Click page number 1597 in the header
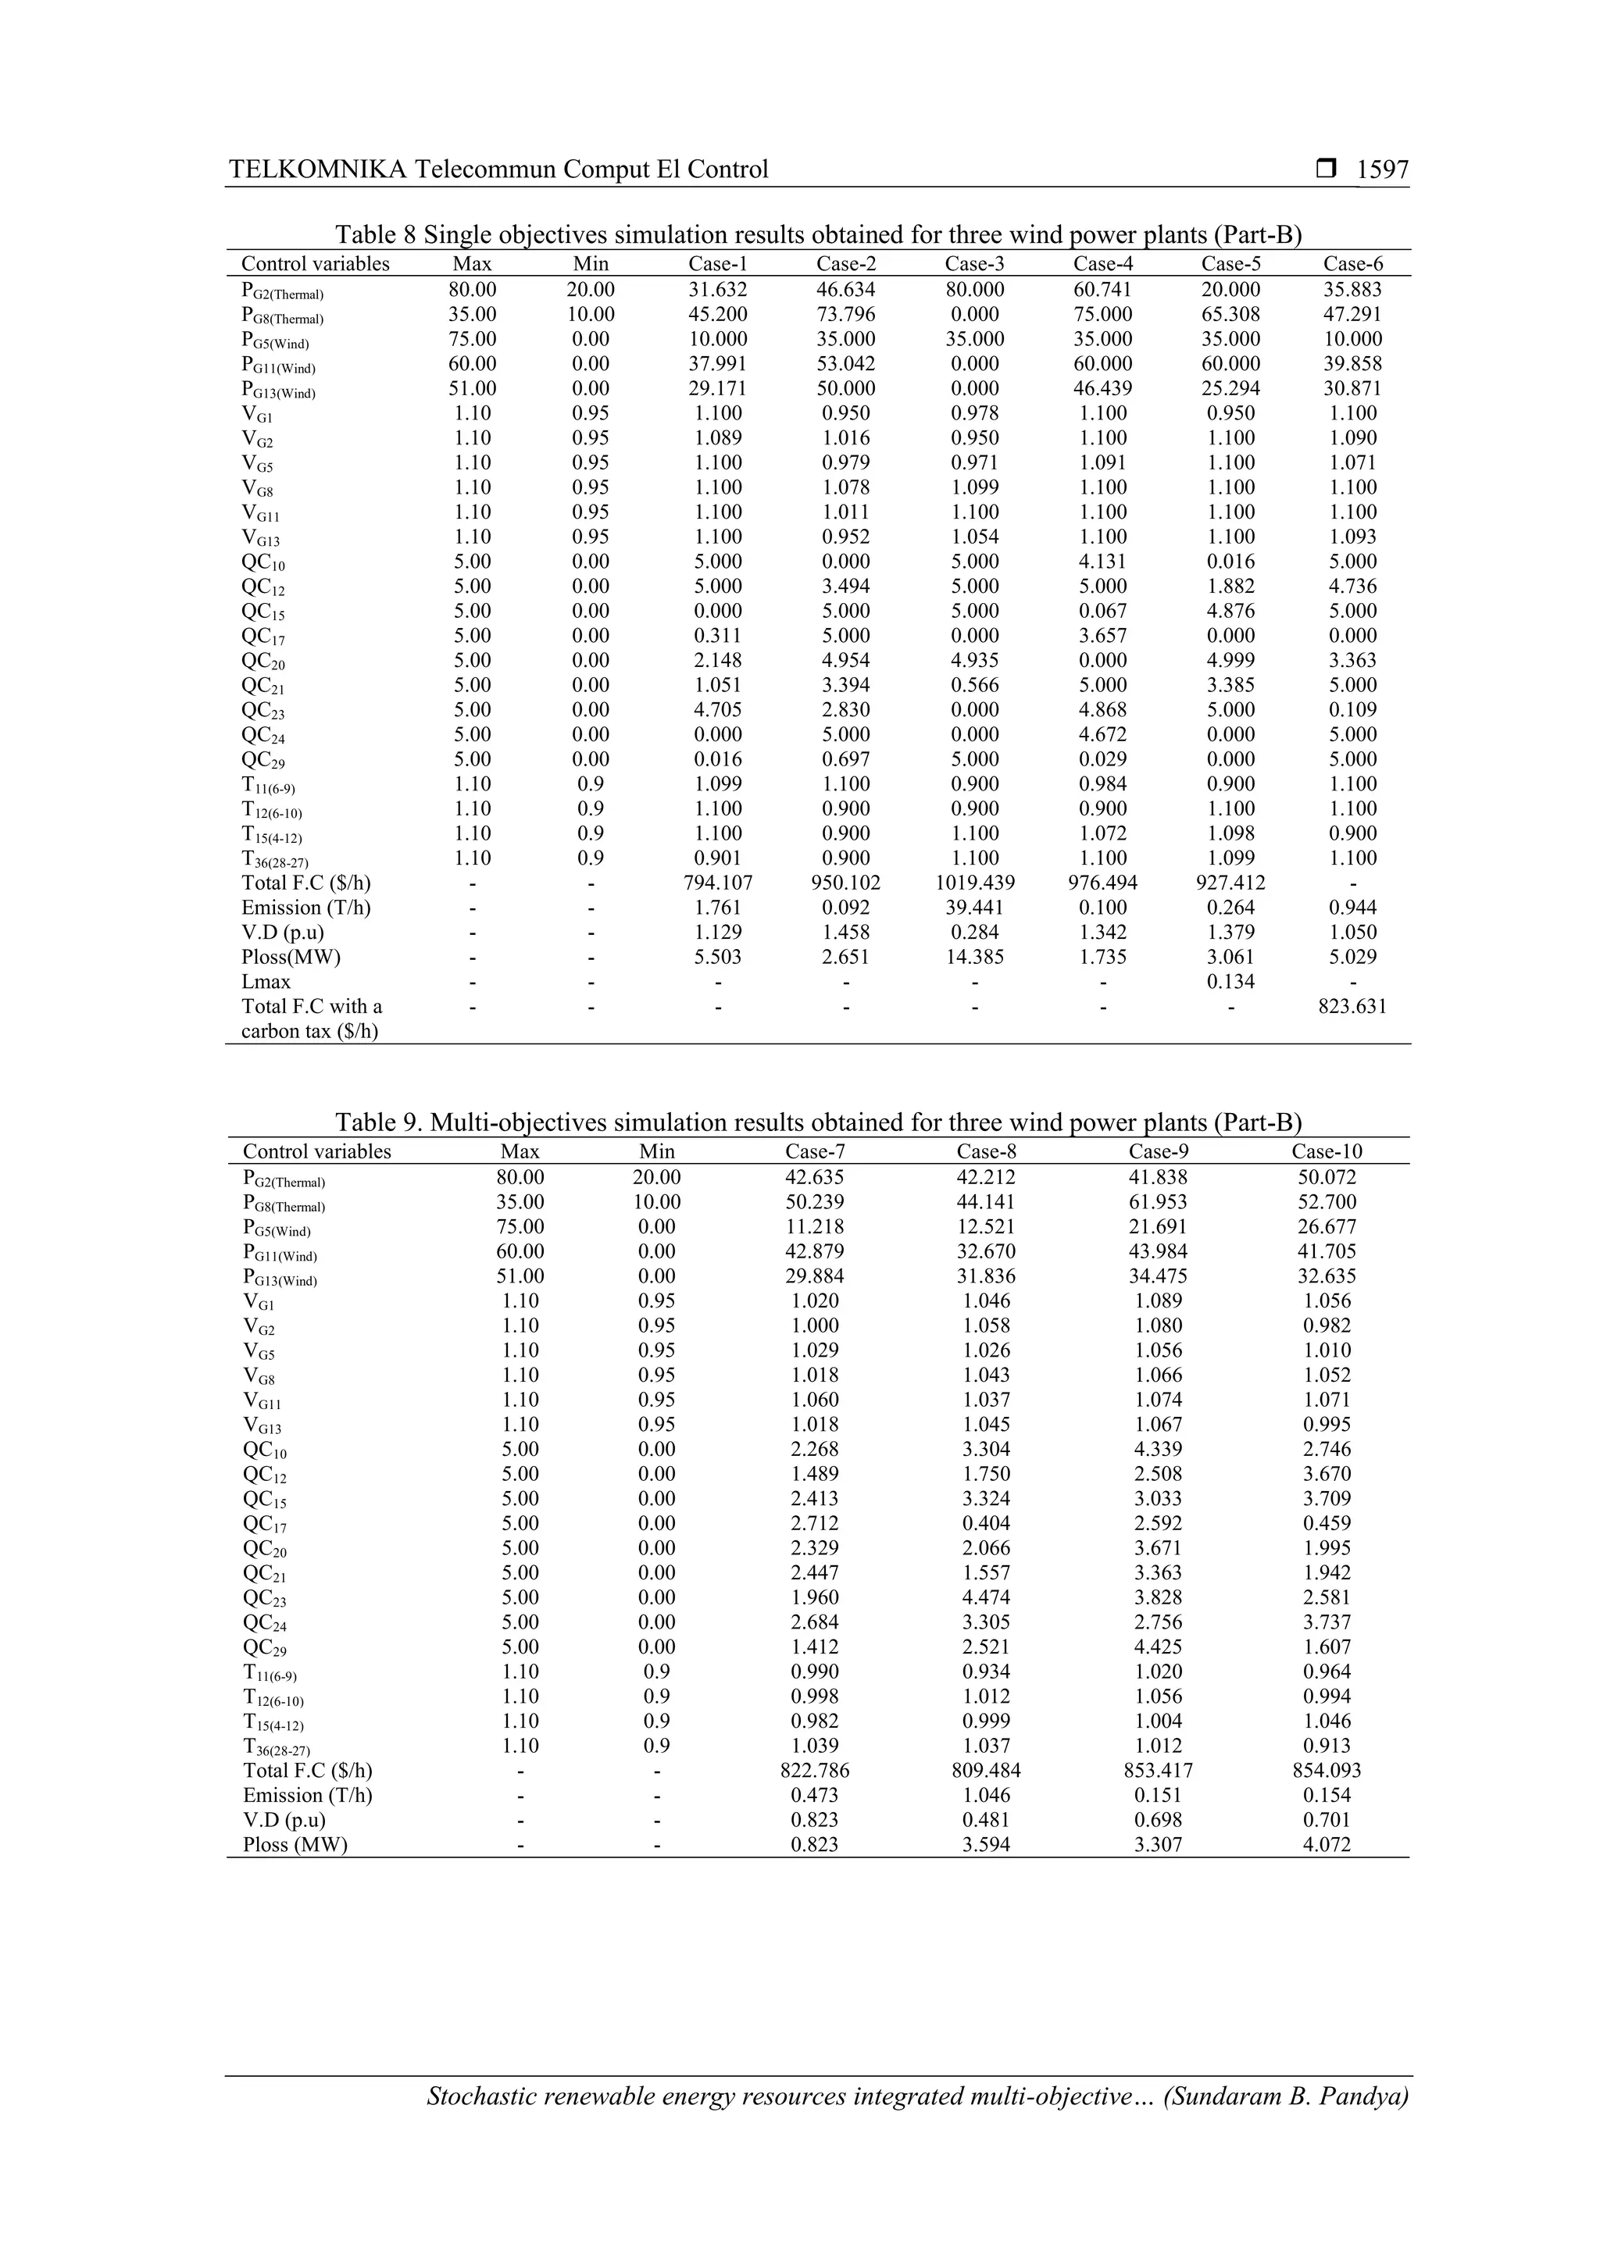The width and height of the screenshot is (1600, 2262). coord(1382,170)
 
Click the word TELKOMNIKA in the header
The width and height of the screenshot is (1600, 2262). coord(317,170)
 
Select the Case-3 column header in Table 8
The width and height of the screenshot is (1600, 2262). coord(974,264)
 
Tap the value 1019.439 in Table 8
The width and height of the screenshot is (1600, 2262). coord(974,883)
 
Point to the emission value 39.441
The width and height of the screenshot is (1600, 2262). coord(974,908)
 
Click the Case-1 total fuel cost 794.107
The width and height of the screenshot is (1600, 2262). coord(718,883)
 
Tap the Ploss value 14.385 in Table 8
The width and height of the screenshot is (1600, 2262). coord(974,957)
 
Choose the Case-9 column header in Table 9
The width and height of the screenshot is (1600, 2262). coord(1158,1151)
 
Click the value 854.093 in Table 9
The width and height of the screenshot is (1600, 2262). coord(1326,1771)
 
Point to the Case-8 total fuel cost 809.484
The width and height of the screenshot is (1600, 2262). coord(986,1771)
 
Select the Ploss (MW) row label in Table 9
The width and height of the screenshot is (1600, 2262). coord(295,1845)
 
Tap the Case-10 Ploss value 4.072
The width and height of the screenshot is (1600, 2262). coord(1326,1845)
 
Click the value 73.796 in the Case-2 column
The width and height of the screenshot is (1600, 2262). coord(845,314)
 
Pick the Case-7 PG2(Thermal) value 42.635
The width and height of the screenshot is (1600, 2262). coord(815,1177)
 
